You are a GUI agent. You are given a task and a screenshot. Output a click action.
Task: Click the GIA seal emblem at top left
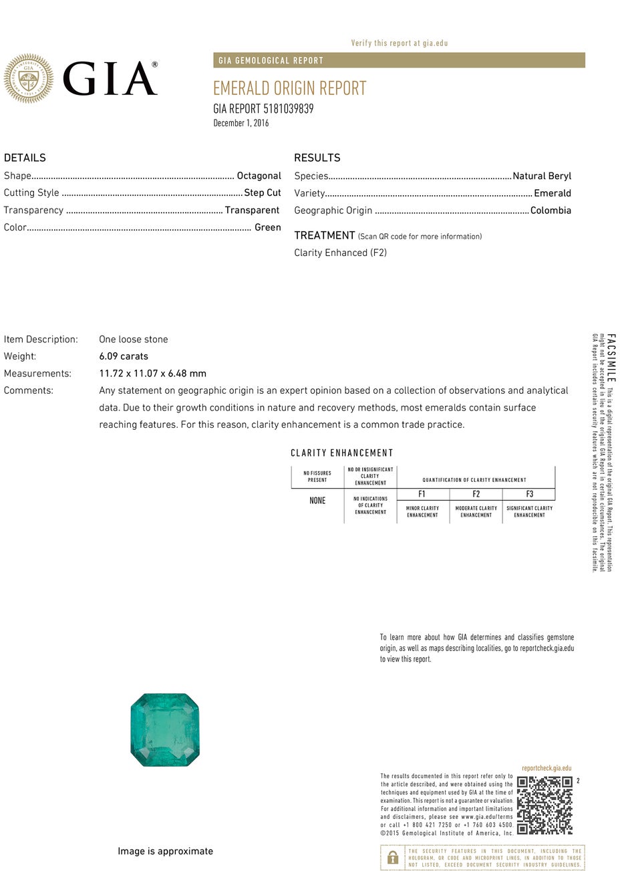[x=28, y=79]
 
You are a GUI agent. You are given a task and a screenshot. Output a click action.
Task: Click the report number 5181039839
[x=288, y=109]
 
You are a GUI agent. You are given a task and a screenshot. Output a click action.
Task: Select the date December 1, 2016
[x=241, y=123]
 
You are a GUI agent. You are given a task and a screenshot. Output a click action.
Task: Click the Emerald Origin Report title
[x=289, y=88]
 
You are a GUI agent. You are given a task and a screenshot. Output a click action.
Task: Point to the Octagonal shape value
[x=259, y=176]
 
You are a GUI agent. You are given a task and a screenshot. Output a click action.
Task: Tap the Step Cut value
[x=262, y=193]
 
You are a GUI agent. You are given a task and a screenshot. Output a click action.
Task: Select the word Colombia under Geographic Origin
[x=551, y=210]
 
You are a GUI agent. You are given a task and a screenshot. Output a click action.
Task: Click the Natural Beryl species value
[x=542, y=176]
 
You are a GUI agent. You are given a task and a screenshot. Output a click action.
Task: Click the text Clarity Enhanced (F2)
[x=340, y=253]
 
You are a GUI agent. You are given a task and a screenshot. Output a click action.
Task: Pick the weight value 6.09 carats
[x=124, y=356]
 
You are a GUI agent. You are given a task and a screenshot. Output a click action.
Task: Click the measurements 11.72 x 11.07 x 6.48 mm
[x=152, y=374]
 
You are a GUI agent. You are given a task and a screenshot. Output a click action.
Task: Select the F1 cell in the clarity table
[x=422, y=495]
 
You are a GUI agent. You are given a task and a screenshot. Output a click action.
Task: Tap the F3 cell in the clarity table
[x=529, y=495]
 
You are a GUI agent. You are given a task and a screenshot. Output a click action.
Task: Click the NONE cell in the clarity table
[x=317, y=501]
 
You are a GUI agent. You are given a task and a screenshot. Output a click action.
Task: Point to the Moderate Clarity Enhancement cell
[x=476, y=511]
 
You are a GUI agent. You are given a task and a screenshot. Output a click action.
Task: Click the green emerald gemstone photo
[x=165, y=730]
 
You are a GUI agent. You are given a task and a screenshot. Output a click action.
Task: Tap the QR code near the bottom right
[x=545, y=805]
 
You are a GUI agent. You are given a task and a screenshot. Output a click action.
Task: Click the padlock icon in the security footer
[x=393, y=858]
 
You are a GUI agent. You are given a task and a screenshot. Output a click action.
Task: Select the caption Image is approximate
[x=165, y=851]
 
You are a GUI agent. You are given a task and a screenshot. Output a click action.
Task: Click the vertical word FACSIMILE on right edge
[x=611, y=357]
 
